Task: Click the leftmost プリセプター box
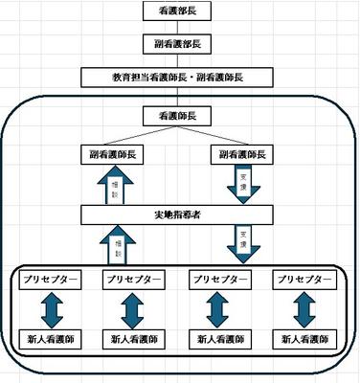[48, 279]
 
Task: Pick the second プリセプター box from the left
[132, 279]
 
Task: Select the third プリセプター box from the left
[220, 279]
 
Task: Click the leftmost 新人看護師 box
[48, 339]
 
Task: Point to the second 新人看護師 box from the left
[132, 339]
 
